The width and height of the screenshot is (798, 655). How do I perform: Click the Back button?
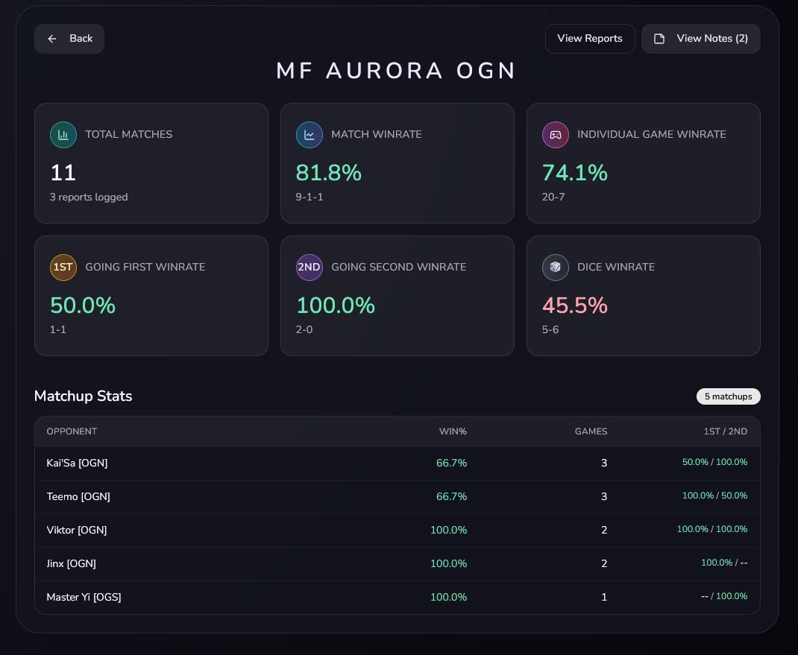[69, 39]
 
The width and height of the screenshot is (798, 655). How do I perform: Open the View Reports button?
[589, 39]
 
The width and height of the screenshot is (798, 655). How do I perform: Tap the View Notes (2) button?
[700, 39]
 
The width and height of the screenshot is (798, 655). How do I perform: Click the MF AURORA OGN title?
[397, 71]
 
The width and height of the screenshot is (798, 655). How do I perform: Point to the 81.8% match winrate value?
[328, 173]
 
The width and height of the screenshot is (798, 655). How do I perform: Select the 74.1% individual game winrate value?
[574, 173]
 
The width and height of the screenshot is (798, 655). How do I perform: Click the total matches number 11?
[63, 173]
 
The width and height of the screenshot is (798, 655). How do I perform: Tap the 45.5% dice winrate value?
[574, 306]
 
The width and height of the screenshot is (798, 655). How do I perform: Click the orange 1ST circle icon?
[63, 268]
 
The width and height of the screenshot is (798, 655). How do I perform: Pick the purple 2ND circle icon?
[310, 268]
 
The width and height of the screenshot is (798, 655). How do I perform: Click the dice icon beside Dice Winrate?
[556, 268]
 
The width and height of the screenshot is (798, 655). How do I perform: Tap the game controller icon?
[556, 135]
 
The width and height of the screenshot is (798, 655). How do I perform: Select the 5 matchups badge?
[728, 396]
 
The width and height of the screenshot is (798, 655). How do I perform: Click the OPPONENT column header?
[72, 431]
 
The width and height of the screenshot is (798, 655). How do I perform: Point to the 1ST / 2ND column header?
[725, 431]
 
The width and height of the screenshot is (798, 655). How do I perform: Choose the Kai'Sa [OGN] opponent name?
[77, 463]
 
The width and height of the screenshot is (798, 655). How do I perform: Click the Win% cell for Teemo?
[451, 496]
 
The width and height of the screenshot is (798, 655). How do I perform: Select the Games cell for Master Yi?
[604, 597]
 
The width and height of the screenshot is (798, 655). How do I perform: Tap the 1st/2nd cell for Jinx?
[723, 563]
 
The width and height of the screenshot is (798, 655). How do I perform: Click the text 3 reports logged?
[89, 197]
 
